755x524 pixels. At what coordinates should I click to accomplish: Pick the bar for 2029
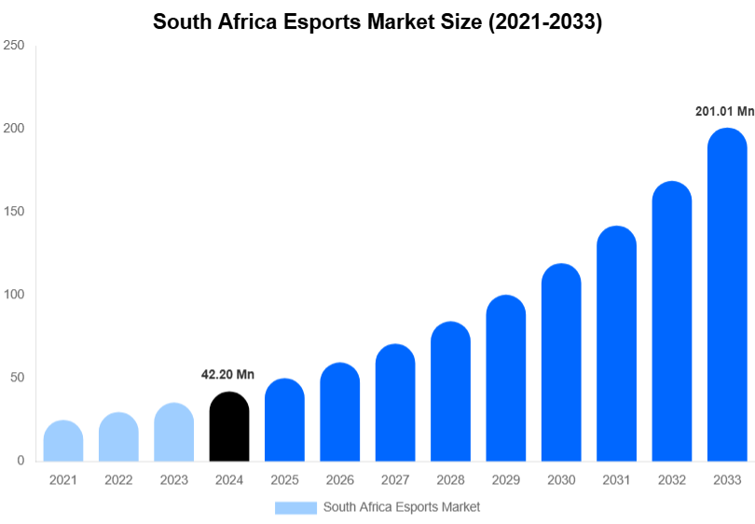[506, 379]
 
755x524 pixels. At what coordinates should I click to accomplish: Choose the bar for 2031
[616, 344]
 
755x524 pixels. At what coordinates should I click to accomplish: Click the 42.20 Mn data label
[228, 375]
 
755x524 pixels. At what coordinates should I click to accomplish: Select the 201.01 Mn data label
[724, 111]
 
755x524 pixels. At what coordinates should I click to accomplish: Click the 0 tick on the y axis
[20, 461]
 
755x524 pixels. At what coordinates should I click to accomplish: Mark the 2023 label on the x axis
[174, 480]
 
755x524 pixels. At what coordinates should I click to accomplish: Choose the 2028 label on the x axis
[450, 480]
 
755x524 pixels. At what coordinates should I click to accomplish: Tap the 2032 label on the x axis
[671, 480]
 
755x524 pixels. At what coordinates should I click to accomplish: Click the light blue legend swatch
[295, 507]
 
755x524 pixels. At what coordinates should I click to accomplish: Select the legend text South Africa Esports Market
[402, 507]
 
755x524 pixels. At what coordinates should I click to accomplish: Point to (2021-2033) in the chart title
[543, 22]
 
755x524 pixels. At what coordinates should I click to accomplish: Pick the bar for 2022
[118, 437]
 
